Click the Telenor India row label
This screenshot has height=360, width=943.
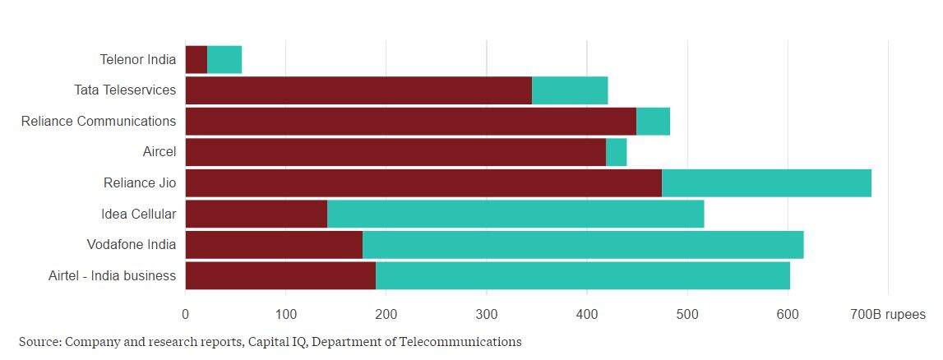tap(137, 59)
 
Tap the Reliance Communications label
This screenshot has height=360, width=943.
tap(99, 121)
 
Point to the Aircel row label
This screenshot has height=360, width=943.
tap(159, 152)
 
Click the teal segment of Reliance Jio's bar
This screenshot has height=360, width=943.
tap(766, 182)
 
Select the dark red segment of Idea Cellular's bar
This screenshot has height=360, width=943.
tap(256, 214)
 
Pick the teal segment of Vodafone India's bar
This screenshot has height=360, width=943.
tap(582, 245)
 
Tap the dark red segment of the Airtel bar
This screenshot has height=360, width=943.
tap(280, 275)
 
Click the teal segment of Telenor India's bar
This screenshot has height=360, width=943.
tap(224, 59)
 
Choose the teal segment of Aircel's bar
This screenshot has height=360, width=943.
tap(616, 152)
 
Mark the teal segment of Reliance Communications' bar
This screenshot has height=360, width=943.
tap(653, 121)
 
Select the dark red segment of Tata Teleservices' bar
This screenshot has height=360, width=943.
tap(358, 90)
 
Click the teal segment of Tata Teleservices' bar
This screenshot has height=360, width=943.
tap(570, 90)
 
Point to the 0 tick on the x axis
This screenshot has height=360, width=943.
tap(185, 315)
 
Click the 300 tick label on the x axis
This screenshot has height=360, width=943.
tap(486, 315)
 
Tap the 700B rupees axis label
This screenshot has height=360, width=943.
tap(888, 315)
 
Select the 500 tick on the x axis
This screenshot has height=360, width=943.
tap(687, 315)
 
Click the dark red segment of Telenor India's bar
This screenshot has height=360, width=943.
tap(196, 59)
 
